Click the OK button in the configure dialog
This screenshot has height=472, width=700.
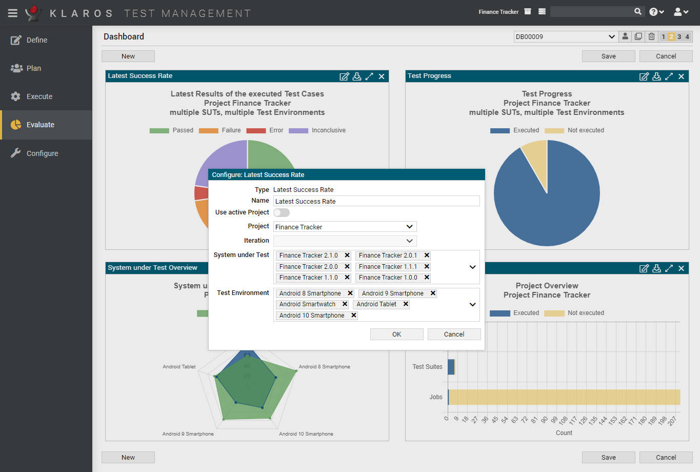396,334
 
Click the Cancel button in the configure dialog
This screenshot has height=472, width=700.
454,334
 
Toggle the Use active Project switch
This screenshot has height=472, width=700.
282,212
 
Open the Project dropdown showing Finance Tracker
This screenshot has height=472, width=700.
345,227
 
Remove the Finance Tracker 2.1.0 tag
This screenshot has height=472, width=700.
347,255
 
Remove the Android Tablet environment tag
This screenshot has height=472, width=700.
406,304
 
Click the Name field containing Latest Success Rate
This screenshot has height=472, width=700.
376,201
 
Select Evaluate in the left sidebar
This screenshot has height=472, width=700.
40,125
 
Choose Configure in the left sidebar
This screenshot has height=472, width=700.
42,153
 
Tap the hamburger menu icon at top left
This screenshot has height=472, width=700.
13,13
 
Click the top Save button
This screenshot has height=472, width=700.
608,56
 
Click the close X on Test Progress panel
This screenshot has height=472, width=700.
681,76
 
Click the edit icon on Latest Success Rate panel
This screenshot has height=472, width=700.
344,76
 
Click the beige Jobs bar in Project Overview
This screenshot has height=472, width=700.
564,397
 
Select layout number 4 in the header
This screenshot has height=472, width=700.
687,37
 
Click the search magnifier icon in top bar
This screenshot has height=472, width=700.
637,11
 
